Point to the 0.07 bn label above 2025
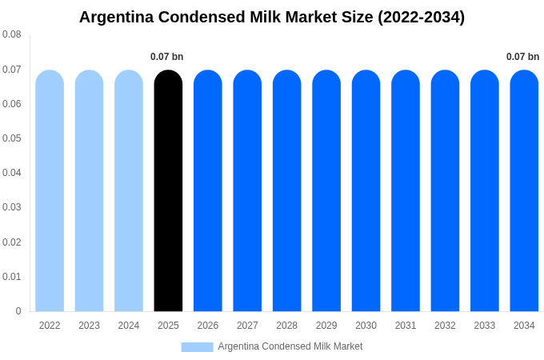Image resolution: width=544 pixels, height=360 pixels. coord(167,57)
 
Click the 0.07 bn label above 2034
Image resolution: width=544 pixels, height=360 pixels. coord(522,57)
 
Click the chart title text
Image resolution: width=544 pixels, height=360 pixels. coord(272,17)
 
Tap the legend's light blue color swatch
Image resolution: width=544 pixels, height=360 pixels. coord(197,347)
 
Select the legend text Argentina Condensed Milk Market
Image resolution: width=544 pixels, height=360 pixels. coord(290,346)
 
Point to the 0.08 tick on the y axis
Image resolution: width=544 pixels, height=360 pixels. coord(12,34)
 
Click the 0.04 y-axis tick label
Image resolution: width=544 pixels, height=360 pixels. coord(12,173)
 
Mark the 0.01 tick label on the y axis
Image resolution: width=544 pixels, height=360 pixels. coord(12,277)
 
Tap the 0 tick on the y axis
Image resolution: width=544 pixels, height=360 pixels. coord(18,311)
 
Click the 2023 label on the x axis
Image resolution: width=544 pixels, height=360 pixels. coord(89,326)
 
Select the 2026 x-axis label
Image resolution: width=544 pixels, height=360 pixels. coord(208,326)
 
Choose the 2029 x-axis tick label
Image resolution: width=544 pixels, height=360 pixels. coord(326,326)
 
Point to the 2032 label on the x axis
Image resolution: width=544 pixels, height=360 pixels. coord(445,326)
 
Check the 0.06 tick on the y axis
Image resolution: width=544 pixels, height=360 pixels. coord(12,104)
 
